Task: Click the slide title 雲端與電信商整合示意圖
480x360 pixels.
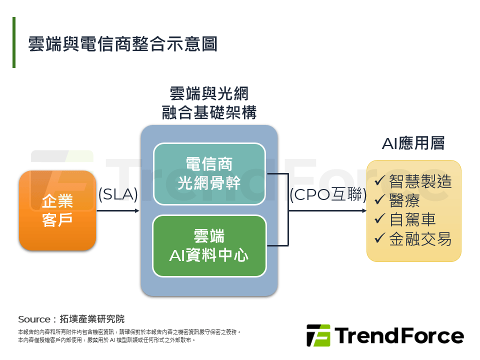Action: (x=122, y=43)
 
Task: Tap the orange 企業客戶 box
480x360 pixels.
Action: (x=57, y=210)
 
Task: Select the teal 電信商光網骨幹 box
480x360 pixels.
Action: (x=209, y=173)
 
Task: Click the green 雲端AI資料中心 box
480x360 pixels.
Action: (x=209, y=245)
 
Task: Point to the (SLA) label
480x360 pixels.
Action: (x=118, y=194)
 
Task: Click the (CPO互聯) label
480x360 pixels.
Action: (x=328, y=194)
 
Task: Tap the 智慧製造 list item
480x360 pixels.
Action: (x=420, y=180)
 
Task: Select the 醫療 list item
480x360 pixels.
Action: (x=404, y=200)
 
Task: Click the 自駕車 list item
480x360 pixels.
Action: (x=412, y=219)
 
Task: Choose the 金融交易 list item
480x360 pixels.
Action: (x=420, y=239)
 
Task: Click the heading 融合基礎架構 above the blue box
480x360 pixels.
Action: (x=209, y=113)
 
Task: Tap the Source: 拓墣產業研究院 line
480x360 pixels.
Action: (x=71, y=319)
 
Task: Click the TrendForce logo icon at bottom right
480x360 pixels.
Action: (x=318, y=335)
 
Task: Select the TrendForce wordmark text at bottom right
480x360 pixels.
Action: (x=399, y=335)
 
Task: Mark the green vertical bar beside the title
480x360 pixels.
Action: (x=14, y=42)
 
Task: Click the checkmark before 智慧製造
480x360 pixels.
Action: (x=380, y=180)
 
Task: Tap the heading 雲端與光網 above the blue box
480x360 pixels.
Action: (x=209, y=93)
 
